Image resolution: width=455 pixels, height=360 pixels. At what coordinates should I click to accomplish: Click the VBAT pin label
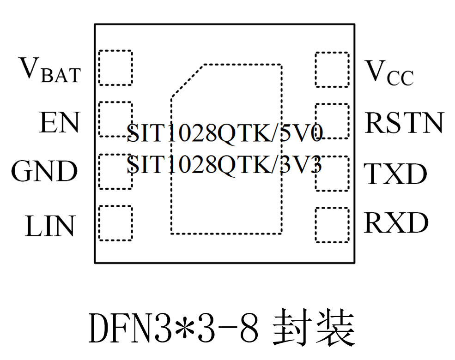pyautogui.click(x=50, y=70)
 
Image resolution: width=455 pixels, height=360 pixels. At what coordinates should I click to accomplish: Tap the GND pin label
pyautogui.click(x=44, y=171)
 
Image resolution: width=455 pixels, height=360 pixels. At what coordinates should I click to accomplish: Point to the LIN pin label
pyautogui.click(x=50, y=226)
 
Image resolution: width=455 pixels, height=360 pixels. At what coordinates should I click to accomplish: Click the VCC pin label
pyautogui.click(x=389, y=73)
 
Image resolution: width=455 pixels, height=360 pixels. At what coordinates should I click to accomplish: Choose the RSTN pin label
pyautogui.click(x=404, y=123)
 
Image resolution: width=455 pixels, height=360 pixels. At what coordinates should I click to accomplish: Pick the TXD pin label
pyautogui.click(x=395, y=174)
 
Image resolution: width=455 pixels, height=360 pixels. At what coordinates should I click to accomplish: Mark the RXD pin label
pyautogui.click(x=396, y=223)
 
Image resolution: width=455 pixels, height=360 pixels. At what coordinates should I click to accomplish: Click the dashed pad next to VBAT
pyautogui.click(x=115, y=68)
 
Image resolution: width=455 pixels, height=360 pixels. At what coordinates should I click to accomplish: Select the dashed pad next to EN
pyautogui.click(x=115, y=120)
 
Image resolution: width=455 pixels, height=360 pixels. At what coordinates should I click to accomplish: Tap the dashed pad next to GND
pyautogui.click(x=115, y=171)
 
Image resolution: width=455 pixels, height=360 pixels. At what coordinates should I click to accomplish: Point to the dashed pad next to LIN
pyautogui.click(x=115, y=223)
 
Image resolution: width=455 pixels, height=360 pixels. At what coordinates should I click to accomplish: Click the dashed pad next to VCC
pyautogui.click(x=332, y=69)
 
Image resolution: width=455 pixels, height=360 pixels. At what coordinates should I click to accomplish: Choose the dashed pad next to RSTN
pyautogui.click(x=332, y=121)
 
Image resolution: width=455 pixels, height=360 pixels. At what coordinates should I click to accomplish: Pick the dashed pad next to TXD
pyautogui.click(x=332, y=173)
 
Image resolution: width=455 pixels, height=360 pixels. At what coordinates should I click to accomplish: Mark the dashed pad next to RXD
pyautogui.click(x=332, y=225)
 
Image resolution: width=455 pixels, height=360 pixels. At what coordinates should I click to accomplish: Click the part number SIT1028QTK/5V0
pyautogui.click(x=224, y=132)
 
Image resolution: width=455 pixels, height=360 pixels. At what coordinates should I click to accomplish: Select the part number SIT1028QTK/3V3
pyautogui.click(x=224, y=164)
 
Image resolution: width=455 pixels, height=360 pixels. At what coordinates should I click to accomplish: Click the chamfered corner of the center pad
pyautogui.click(x=187, y=81)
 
